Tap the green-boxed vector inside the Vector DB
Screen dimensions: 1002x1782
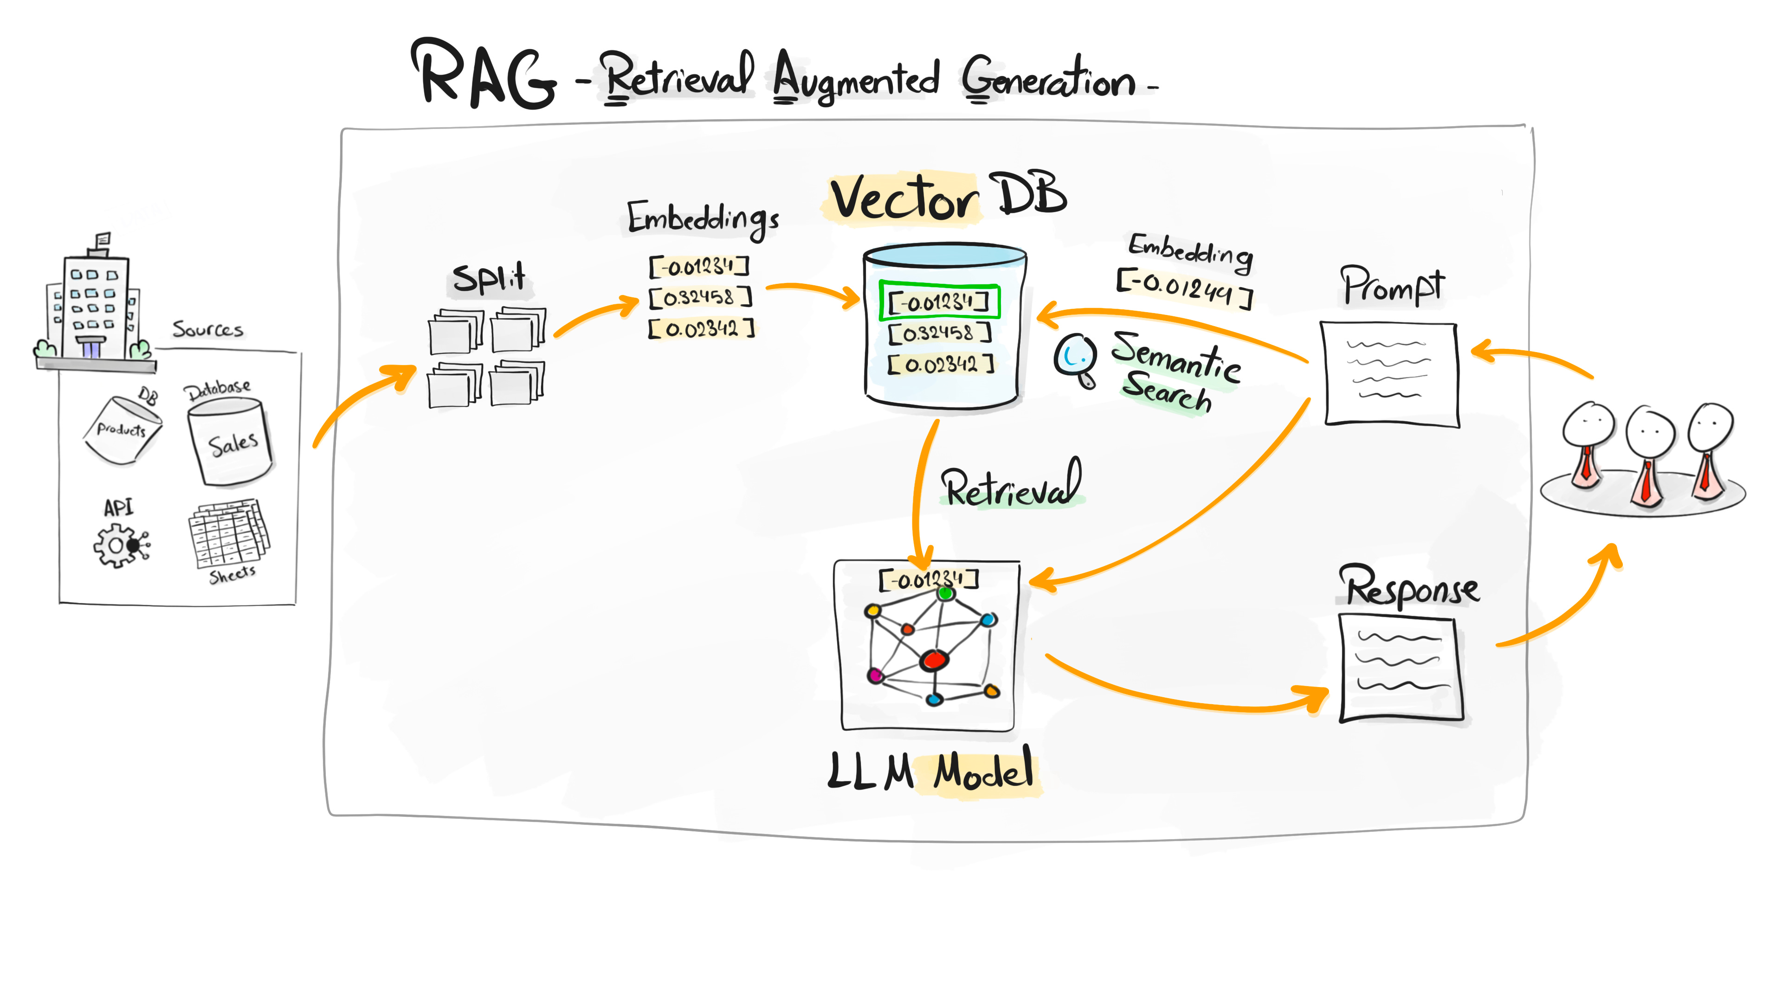coord(939,302)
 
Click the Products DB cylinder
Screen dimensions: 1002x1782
coord(123,429)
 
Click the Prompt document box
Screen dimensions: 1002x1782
coord(1390,373)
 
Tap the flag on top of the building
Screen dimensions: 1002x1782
coord(103,240)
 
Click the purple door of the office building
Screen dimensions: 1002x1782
coord(90,347)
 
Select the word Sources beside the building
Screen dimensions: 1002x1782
coord(207,329)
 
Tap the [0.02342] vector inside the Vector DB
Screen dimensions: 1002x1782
coord(941,364)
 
